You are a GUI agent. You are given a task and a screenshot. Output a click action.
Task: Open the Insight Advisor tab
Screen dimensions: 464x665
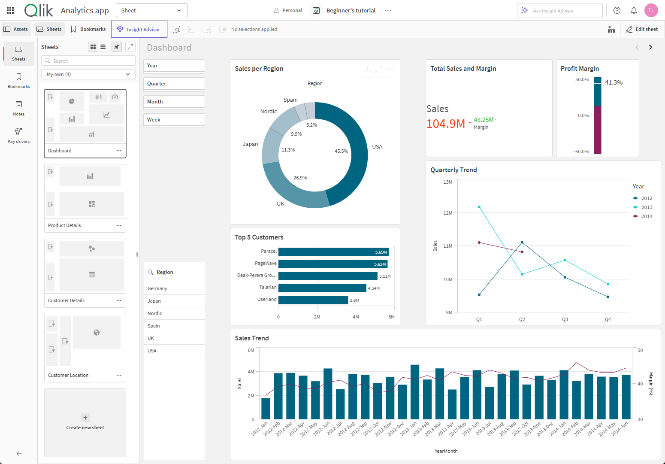[x=139, y=30]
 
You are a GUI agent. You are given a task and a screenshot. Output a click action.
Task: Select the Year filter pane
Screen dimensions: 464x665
[x=174, y=66]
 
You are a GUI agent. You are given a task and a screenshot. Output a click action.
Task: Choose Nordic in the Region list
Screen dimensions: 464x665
[x=155, y=313]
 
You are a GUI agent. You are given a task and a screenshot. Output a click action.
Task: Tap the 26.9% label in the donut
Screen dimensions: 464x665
[x=300, y=178]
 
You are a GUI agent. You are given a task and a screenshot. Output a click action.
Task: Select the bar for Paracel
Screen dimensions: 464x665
[x=333, y=252]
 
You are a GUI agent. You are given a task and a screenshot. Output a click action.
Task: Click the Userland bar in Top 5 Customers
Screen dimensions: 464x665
[x=313, y=300]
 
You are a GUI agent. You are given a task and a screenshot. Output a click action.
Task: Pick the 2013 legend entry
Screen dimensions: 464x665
[x=646, y=207]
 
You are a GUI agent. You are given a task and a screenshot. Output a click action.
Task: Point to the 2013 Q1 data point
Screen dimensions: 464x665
[x=479, y=207]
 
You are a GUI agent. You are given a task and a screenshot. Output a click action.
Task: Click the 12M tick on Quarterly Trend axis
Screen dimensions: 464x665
[x=448, y=213]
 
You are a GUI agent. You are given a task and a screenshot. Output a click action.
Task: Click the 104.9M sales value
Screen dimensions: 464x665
[x=446, y=124]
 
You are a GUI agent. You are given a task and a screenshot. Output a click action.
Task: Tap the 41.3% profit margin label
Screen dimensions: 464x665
[x=614, y=82]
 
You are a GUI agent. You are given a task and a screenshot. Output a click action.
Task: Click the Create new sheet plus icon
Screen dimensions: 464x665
[x=85, y=418]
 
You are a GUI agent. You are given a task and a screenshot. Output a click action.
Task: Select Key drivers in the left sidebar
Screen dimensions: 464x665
[x=18, y=135]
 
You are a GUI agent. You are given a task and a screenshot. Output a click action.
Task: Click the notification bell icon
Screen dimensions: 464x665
[x=634, y=10]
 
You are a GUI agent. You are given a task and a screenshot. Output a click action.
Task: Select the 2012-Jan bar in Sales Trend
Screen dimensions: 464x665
[x=266, y=409]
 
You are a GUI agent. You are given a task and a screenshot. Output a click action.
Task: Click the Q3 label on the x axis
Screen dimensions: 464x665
[x=565, y=319]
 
